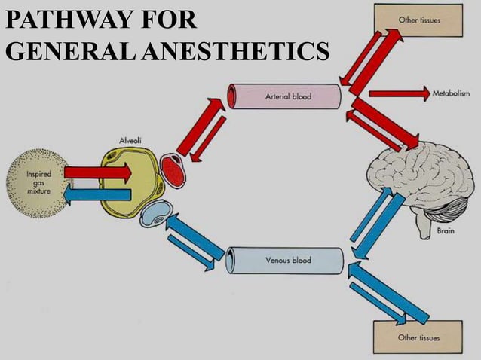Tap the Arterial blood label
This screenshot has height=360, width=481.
pyautogui.click(x=287, y=96)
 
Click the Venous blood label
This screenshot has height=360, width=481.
pyautogui.click(x=288, y=260)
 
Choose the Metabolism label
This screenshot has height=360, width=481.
pyautogui.click(x=451, y=93)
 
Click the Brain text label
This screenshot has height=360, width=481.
pyautogui.click(x=446, y=232)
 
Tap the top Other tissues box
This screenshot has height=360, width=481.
pyautogui.click(x=418, y=20)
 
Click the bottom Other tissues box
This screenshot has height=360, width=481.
pyautogui.click(x=418, y=337)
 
